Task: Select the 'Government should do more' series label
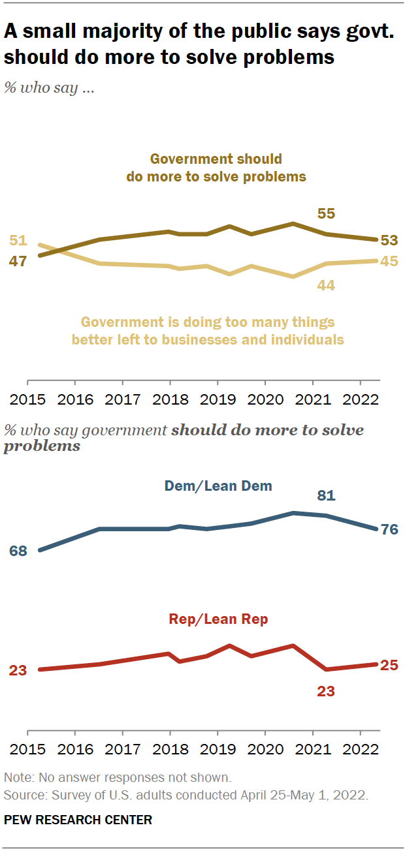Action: [216, 168]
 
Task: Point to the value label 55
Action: [326, 214]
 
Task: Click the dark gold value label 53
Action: [389, 240]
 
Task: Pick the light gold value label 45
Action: [389, 261]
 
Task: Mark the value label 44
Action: [326, 285]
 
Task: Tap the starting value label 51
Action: [18, 240]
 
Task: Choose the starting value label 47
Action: [18, 261]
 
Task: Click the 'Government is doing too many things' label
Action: [208, 331]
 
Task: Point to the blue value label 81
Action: [326, 496]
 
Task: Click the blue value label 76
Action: [389, 529]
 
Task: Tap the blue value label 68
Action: [18, 551]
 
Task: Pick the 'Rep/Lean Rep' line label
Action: [218, 619]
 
